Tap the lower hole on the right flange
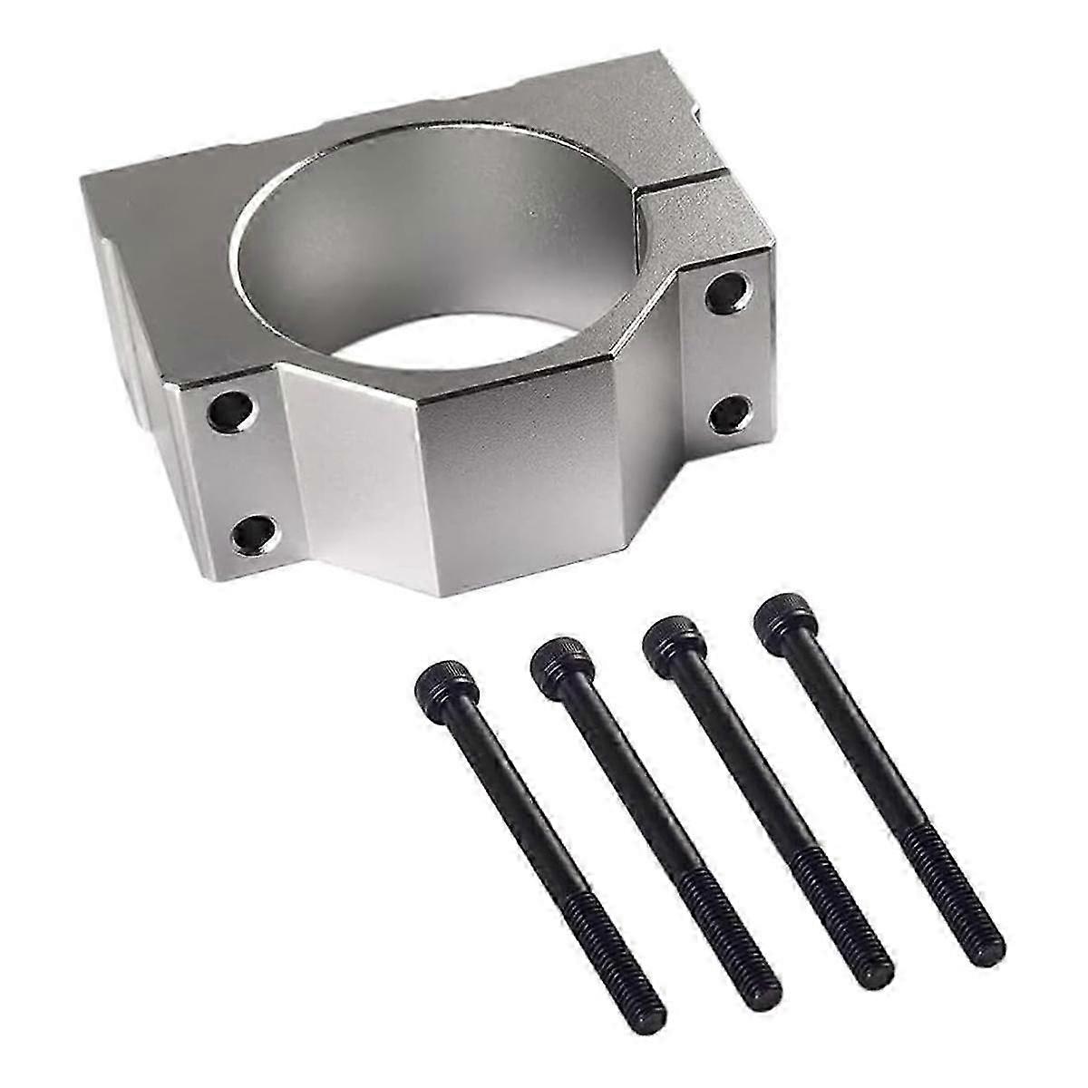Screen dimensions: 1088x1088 [x=728, y=413]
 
